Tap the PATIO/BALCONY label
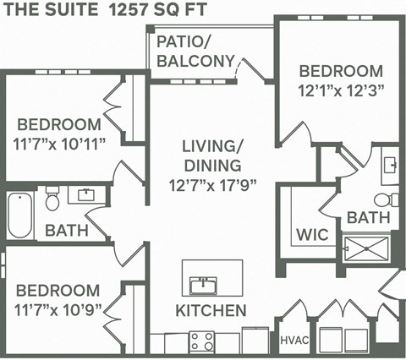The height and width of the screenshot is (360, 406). (x=195, y=51)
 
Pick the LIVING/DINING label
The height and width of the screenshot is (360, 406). (x=211, y=155)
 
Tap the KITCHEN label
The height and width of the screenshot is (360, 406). (x=211, y=310)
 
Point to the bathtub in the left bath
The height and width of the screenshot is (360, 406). (x=18, y=216)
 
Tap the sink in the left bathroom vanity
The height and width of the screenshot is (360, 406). (x=85, y=196)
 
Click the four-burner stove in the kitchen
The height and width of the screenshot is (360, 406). (x=201, y=341)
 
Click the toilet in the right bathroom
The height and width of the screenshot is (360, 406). (x=387, y=200)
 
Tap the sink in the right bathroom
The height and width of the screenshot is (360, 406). (x=390, y=164)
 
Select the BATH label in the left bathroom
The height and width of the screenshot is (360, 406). (x=62, y=230)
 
